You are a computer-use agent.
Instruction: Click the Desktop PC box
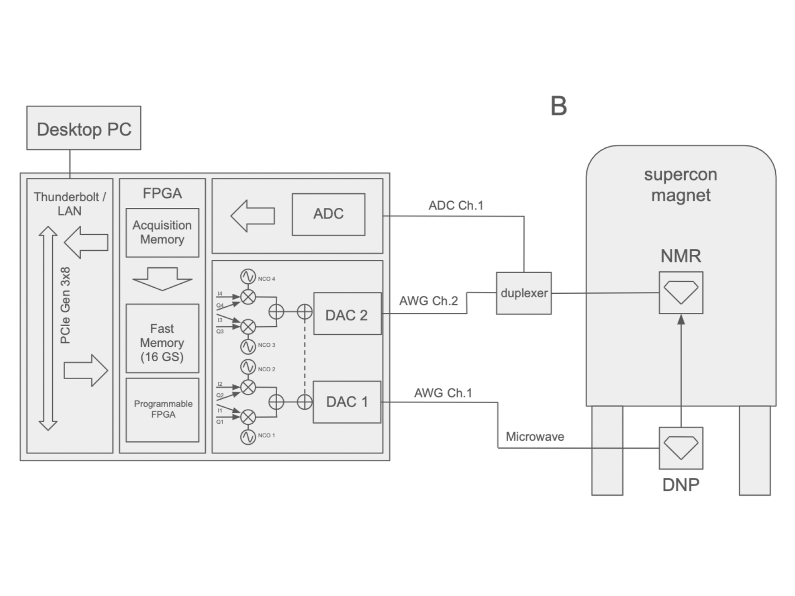click(x=84, y=128)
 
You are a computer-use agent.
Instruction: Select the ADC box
click(x=329, y=215)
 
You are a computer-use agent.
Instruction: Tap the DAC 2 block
click(x=348, y=314)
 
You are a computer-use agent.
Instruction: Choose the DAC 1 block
click(x=347, y=402)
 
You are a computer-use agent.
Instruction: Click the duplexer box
click(x=524, y=293)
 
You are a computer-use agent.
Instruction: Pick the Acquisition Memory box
click(x=162, y=233)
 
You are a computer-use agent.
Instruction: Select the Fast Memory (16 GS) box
click(x=162, y=338)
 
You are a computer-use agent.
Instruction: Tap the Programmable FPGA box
click(x=162, y=410)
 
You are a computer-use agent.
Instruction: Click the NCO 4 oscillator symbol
click(x=248, y=277)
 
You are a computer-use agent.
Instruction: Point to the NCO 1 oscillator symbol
click(x=248, y=437)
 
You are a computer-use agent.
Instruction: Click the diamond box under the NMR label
click(x=681, y=293)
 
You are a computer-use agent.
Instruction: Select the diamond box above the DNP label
click(x=681, y=448)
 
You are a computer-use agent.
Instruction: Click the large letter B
click(x=559, y=106)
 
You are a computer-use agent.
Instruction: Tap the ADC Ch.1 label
click(x=456, y=206)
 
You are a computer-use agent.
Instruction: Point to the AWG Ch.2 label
click(x=429, y=301)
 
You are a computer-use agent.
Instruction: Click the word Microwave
click(x=535, y=437)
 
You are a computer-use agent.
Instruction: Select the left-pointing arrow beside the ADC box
click(x=253, y=216)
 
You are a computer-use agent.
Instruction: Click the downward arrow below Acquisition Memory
click(x=162, y=279)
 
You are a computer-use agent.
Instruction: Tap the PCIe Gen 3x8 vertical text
click(x=66, y=306)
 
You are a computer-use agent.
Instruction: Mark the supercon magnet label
click(x=681, y=185)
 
